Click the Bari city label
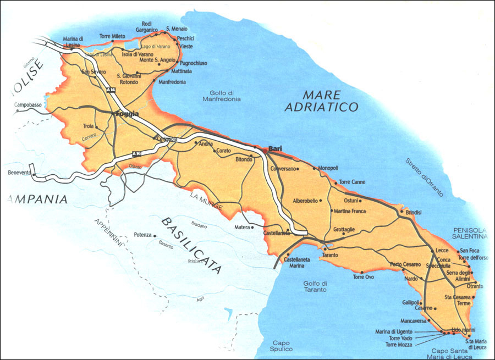275,149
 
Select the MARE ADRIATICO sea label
322,101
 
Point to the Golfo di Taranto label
315,286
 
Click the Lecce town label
442,250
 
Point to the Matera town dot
253,226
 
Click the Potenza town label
142,235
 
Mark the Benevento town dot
34,175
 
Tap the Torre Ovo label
364,276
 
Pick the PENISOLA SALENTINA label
470,232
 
